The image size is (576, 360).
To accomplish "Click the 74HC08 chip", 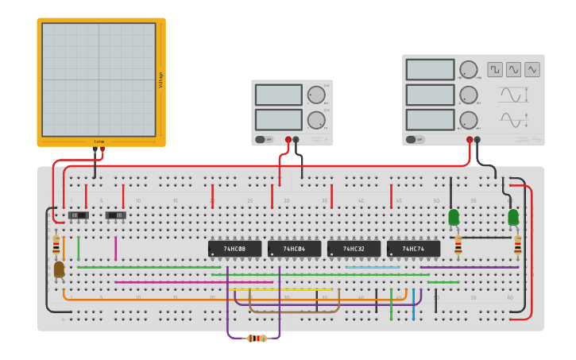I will tap(234, 249).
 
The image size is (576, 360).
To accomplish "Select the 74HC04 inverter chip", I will tap(294, 249).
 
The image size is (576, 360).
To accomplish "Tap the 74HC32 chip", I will tap(354, 249).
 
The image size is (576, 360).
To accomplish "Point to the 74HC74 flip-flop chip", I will tap(413, 249).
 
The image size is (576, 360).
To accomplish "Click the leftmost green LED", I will tap(454, 216).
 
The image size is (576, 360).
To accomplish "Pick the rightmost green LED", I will tap(513, 216).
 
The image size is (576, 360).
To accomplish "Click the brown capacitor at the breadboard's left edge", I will tap(59, 270).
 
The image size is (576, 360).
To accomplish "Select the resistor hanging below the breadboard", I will tap(256, 339).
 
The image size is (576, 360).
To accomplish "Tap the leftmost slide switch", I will tap(77, 215).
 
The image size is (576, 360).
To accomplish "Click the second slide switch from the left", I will tap(116, 215).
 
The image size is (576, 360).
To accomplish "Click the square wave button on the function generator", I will tap(495, 70).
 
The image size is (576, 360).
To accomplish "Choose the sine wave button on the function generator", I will tap(513, 70).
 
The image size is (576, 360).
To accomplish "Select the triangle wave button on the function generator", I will tap(532, 70).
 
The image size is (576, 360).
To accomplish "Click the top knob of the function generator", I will tap(469, 70).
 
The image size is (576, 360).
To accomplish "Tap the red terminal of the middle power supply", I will tap(288, 140).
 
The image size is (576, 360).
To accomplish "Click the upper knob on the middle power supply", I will tap(316, 95).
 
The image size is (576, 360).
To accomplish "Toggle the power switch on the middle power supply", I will tap(263, 140).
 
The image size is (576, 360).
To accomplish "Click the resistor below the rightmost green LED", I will tap(517, 246).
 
